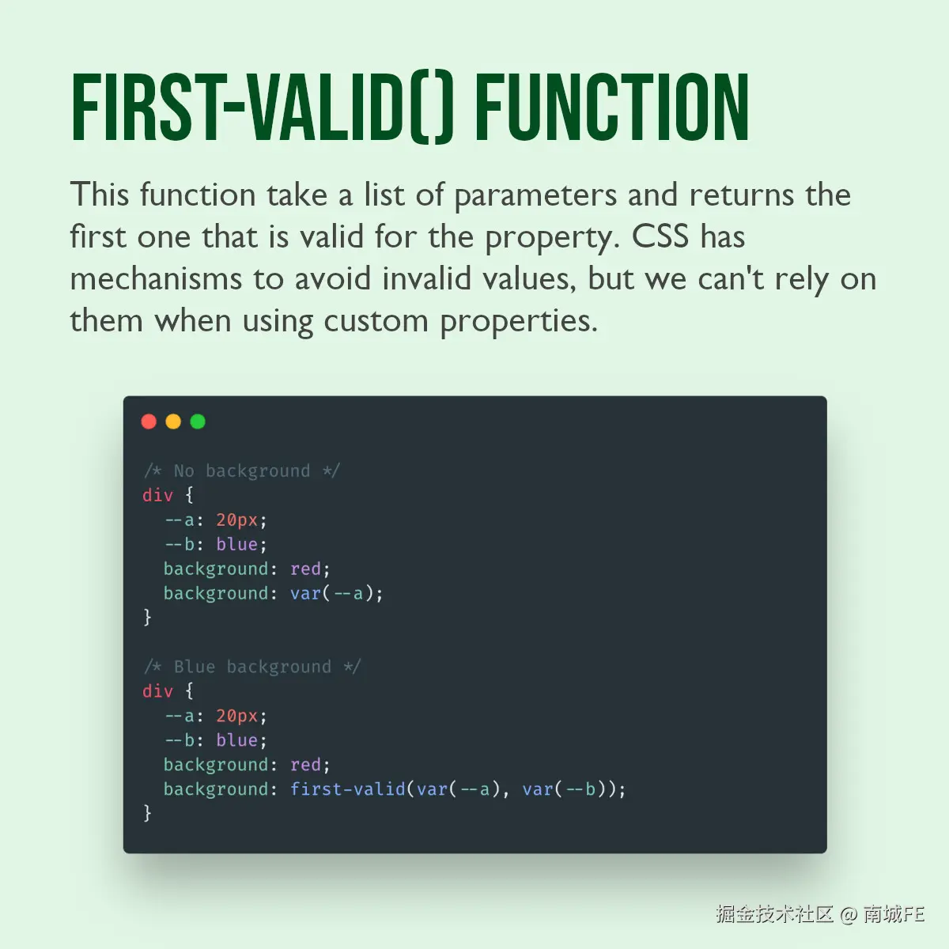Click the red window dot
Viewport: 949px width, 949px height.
point(149,422)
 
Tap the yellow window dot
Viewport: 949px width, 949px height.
point(173,422)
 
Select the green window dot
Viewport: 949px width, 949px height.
point(198,422)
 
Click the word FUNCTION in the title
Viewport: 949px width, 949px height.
point(611,107)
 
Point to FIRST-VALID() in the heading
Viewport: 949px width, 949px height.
point(263,108)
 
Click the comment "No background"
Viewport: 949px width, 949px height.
point(242,471)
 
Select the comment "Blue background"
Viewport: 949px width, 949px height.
point(252,667)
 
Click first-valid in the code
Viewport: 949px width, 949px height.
point(348,789)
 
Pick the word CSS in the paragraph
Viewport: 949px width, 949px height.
point(660,236)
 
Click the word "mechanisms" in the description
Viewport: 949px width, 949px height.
point(156,278)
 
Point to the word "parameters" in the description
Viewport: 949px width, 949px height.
point(535,195)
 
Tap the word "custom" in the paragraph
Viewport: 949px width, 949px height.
point(376,321)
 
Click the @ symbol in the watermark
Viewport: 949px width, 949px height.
point(849,914)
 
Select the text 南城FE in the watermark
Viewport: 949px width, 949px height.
point(894,914)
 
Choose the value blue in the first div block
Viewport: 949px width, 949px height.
point(237,544)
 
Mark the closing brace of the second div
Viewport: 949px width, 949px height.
point(147,813)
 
